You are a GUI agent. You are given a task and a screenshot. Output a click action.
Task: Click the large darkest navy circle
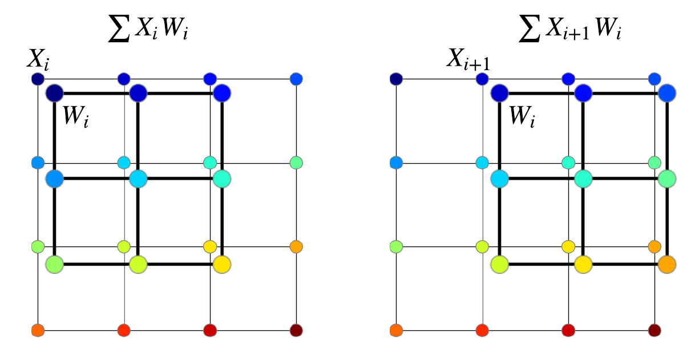coord(54,93)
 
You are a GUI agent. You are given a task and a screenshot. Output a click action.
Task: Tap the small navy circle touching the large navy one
coord(38,79)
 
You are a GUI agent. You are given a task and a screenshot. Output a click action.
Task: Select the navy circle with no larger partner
coord(396,79)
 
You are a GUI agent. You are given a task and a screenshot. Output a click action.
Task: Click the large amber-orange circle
coord(667,264)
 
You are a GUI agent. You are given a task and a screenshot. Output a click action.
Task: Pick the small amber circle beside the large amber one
coord(654,247)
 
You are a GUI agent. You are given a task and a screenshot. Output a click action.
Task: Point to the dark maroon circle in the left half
coord(296,330)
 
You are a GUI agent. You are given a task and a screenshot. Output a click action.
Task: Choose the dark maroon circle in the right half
coord(654,330)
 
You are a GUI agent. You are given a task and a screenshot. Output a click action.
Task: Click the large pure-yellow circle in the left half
coord(222,264)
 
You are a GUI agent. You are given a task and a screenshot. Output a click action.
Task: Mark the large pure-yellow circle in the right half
coord(583,264)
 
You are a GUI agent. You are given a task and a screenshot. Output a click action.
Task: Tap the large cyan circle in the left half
coord(138,179)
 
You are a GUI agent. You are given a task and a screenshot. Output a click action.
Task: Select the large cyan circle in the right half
coord(499,179)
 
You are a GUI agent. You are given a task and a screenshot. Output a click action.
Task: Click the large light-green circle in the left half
coord(54,264)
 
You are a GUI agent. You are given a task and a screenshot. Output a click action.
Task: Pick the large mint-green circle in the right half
coord(667,179)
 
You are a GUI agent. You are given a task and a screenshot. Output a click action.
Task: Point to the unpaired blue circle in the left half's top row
coord(296,79)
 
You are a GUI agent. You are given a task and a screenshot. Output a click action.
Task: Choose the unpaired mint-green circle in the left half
coord(296,163)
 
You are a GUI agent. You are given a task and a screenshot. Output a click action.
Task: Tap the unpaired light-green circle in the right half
coord(396,247)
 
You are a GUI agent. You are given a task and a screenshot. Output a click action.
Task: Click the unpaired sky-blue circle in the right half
coord(396,163)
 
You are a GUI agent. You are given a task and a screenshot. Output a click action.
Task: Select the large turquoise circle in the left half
coord(222,179)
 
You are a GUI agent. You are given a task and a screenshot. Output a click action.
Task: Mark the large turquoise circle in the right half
coord(583,179)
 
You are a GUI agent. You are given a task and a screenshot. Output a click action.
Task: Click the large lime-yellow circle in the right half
coord(499,264)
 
